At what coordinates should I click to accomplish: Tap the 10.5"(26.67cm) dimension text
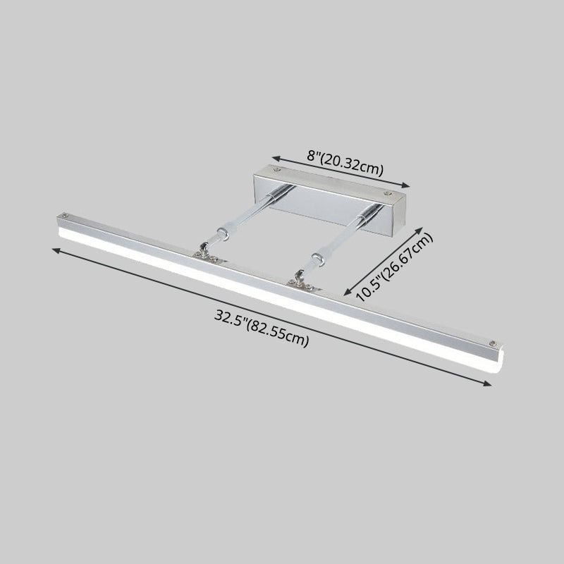pos(396,267)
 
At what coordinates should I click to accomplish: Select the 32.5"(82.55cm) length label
pos(262,328)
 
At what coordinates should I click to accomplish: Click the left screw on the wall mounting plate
pos(276,170)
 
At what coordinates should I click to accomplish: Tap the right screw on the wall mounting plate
pos(386,190)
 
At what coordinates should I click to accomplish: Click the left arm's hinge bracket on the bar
pos(204,252)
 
